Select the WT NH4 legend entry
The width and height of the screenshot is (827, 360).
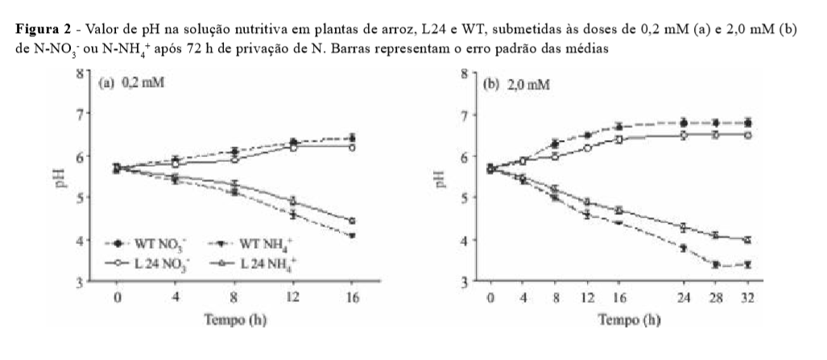click(245, 242)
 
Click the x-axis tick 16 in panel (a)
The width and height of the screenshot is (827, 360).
click(352, 300)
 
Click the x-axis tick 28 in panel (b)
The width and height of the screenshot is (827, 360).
click(715, 300)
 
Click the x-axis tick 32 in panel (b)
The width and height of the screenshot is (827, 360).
click(748, 300)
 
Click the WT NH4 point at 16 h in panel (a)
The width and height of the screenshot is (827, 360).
click(352, 235)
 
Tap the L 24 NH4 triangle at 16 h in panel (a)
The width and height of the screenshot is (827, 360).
click(352, 221)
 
